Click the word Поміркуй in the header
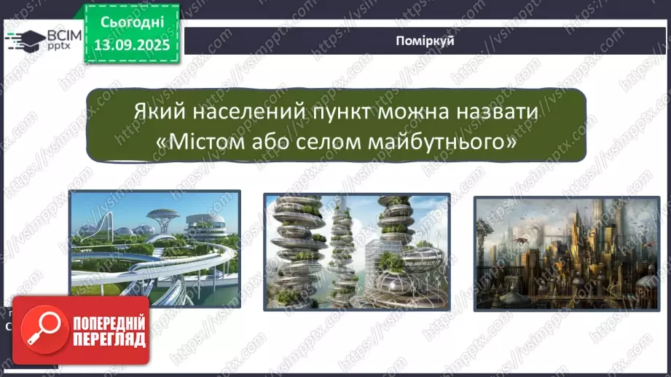click(425, 41)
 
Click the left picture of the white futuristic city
click(154, 242)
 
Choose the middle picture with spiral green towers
click(356, 252)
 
